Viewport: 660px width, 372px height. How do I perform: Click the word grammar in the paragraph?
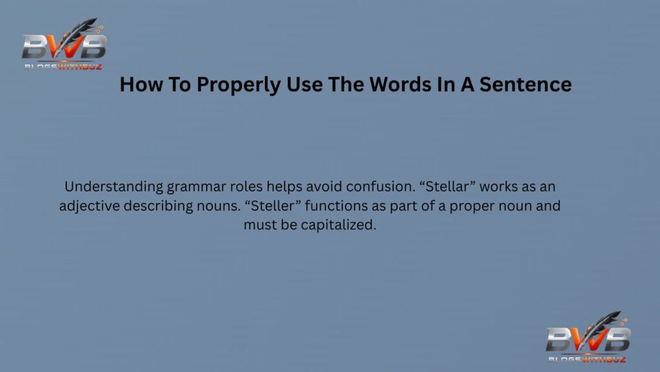(193, 188)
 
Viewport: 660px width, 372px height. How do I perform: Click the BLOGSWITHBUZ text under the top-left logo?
(63, 65)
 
